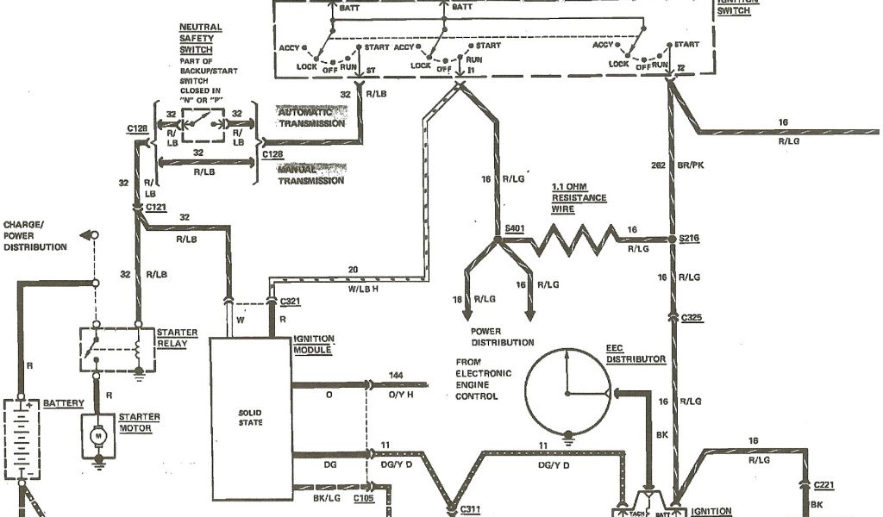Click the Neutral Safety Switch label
tap(200, 39)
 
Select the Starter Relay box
tap(117, 348)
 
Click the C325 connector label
tap(692, 318)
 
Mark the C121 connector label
tap(156, 209)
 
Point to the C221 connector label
tap(826, 486)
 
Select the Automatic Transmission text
tap(311, 118)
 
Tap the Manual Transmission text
tap(311, 175)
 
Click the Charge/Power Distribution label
tap(34, 235)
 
